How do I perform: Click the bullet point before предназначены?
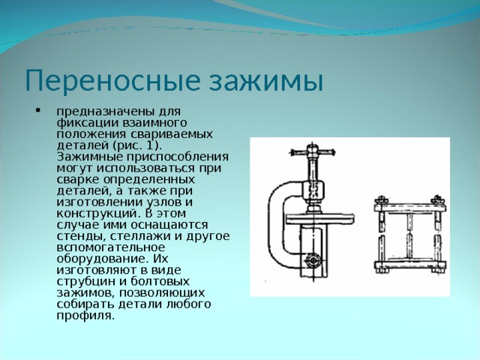[38, 111]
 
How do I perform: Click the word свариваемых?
[172, 134]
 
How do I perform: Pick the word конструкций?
[96, 213]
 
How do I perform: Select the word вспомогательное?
[110, 247]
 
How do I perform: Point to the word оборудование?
[100, 259]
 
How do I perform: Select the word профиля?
[85, 316]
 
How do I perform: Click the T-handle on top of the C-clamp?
[312, 151]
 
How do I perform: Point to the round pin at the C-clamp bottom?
[313, 260]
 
